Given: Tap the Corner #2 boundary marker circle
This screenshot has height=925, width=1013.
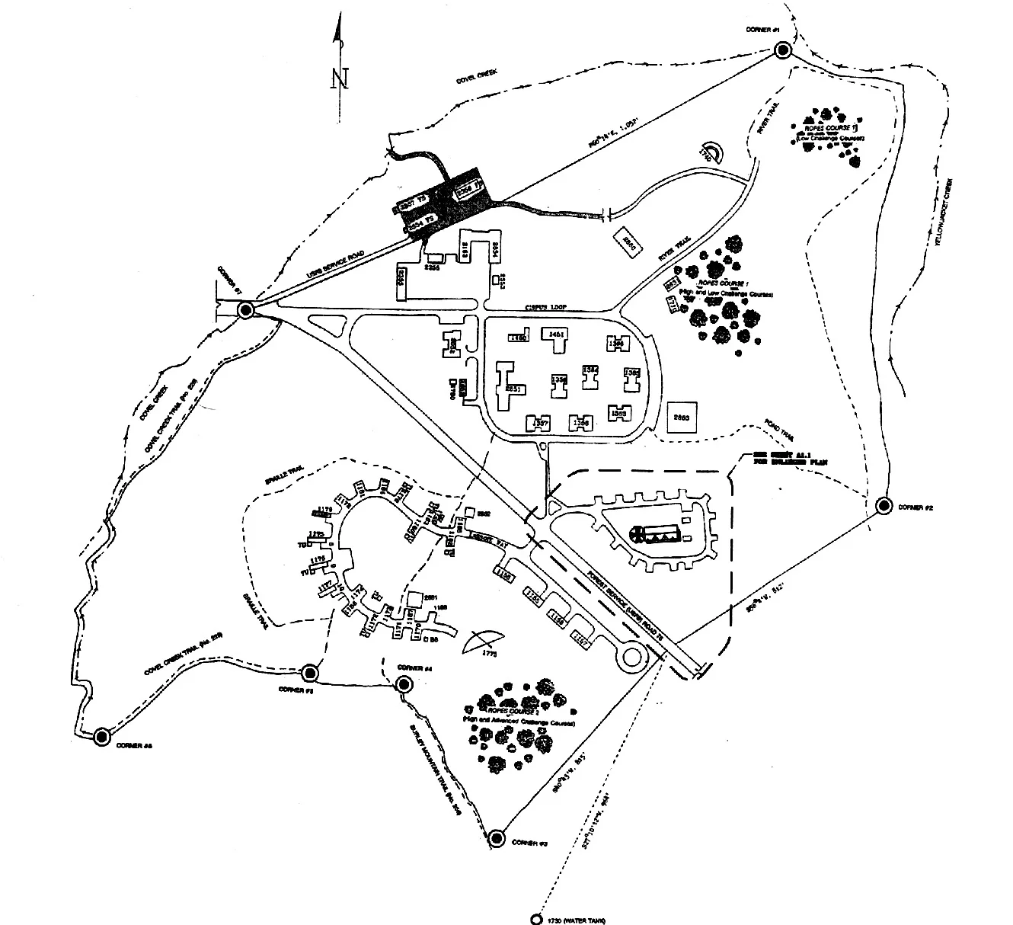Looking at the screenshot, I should [x=884, y=505].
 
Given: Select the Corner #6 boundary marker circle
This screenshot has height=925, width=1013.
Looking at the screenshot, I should [x=101, y=736].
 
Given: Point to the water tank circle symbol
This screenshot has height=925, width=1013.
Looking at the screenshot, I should [x=537, y=919].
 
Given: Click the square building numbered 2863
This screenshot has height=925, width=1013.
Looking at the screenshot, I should [x=682, y=418].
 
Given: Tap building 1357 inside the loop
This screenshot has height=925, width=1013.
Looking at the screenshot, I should [x=540, y=423].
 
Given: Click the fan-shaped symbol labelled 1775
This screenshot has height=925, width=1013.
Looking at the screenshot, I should [x=485, y=642].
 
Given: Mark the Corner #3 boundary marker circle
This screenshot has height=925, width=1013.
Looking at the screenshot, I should [x=497, y=838].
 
